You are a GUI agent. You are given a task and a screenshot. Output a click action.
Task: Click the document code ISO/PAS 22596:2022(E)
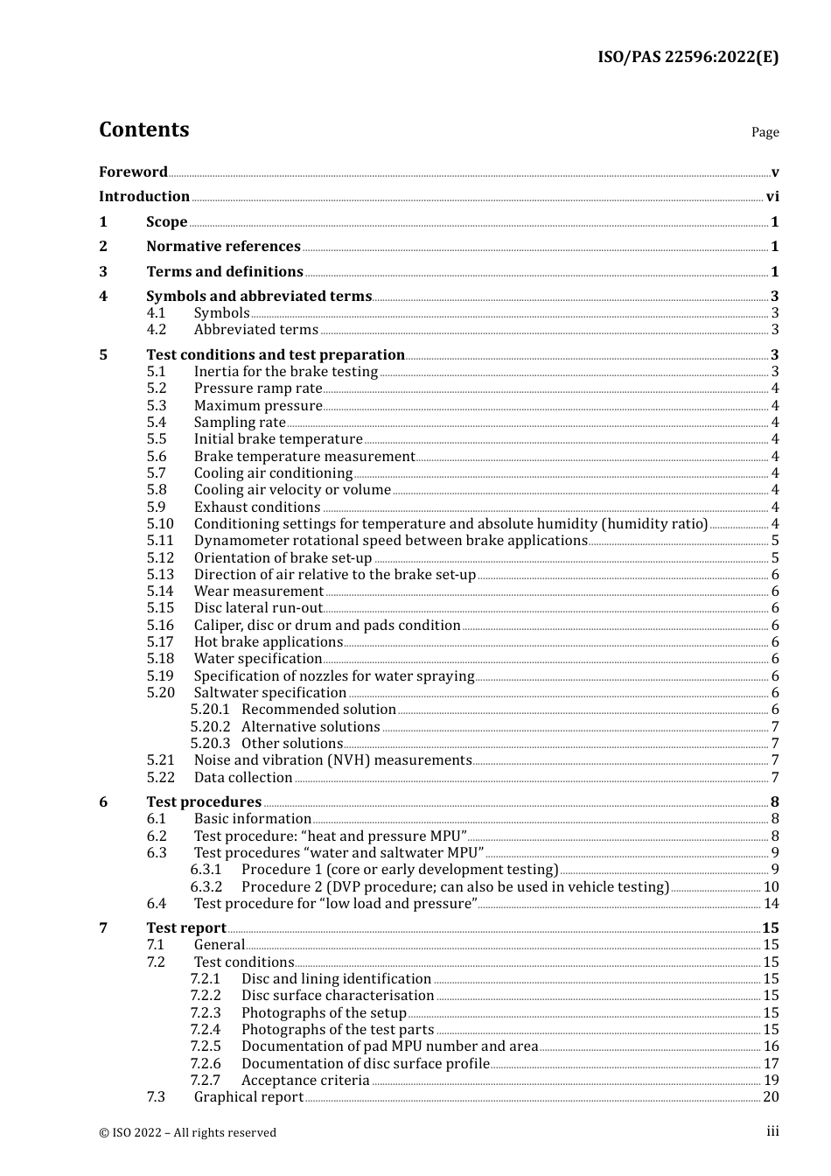point(688,57)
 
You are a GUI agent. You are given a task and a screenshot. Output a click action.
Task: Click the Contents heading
point(143,129)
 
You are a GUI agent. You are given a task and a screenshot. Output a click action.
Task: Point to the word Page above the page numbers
point(765,132)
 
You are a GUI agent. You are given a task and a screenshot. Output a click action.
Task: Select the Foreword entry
point(133,172)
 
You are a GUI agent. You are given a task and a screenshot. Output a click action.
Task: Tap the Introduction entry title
point(144,197)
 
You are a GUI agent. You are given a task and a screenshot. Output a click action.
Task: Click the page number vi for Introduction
point(772,197)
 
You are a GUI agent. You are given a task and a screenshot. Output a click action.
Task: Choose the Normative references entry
point(223,247)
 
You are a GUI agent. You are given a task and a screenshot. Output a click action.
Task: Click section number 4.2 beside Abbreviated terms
point(157,330)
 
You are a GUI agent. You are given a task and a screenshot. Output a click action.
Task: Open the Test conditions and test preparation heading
point(275,355)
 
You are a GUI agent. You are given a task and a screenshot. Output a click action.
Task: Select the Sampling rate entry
point(240,423)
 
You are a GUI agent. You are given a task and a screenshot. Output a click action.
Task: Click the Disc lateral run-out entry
point(258,608)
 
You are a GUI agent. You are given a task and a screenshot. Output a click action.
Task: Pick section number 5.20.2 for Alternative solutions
point(210,727)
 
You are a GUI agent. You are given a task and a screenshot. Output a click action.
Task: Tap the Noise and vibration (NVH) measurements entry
point(332,760)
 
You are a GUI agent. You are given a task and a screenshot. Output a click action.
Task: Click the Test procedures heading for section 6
point(203,802)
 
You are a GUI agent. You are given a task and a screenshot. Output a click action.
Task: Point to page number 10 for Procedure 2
point(771,887)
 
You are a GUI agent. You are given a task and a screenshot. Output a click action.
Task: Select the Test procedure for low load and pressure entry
point(335,904)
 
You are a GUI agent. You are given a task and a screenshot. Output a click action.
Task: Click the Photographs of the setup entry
point(324,1013)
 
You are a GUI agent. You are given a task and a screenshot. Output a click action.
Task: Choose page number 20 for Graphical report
point(771,1097)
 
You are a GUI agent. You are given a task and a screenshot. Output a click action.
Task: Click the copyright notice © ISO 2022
point(187,1132)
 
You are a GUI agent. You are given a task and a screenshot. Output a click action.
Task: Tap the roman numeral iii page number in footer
point(772,1131)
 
